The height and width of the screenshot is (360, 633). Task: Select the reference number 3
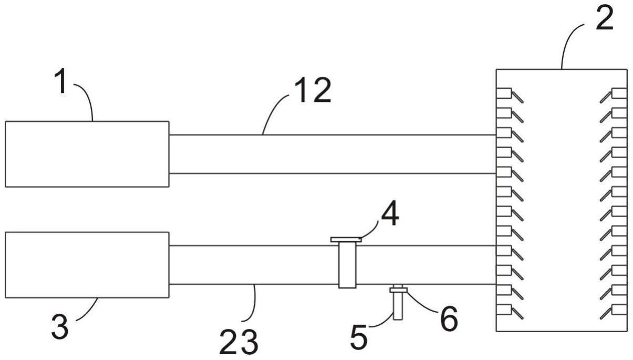coord(59,327)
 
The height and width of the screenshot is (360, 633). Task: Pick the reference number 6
coord(448,319)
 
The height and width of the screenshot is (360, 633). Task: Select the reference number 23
coord(240,343)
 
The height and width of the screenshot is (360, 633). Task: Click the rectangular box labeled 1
coord(87,154)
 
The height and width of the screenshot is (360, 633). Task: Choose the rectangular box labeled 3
coord(87,265)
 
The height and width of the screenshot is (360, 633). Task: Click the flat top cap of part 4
coord(346,240)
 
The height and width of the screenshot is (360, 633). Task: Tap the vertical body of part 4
coord(347,265)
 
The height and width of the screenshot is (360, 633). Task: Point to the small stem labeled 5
coord(397,307)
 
